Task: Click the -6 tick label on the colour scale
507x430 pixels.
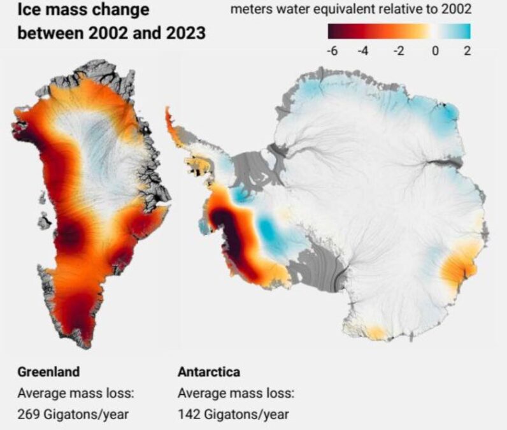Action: pyautogui.click(x=331, y=51)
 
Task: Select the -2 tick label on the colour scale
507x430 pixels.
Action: pyautogui.click(x=399, y=51)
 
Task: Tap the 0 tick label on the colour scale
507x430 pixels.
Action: pyautogui.click(x=435, y=51)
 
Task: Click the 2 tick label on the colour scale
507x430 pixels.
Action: pyautogui.click(x=466, y=51)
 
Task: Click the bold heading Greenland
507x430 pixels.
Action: pyautogui.click(x=48, y=372)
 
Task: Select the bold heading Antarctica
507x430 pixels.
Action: pyautogui.click(x=209, y=372)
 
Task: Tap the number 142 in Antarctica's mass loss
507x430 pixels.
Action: pyautogui.click(x=189, y=415)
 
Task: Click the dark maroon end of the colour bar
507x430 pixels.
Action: pyautogui.click(x=332, y=31)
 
